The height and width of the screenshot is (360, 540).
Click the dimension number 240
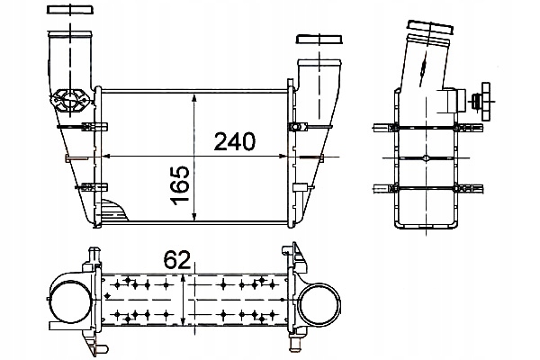point(235,141)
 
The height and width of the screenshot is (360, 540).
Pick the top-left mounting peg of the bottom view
point(92,261)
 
